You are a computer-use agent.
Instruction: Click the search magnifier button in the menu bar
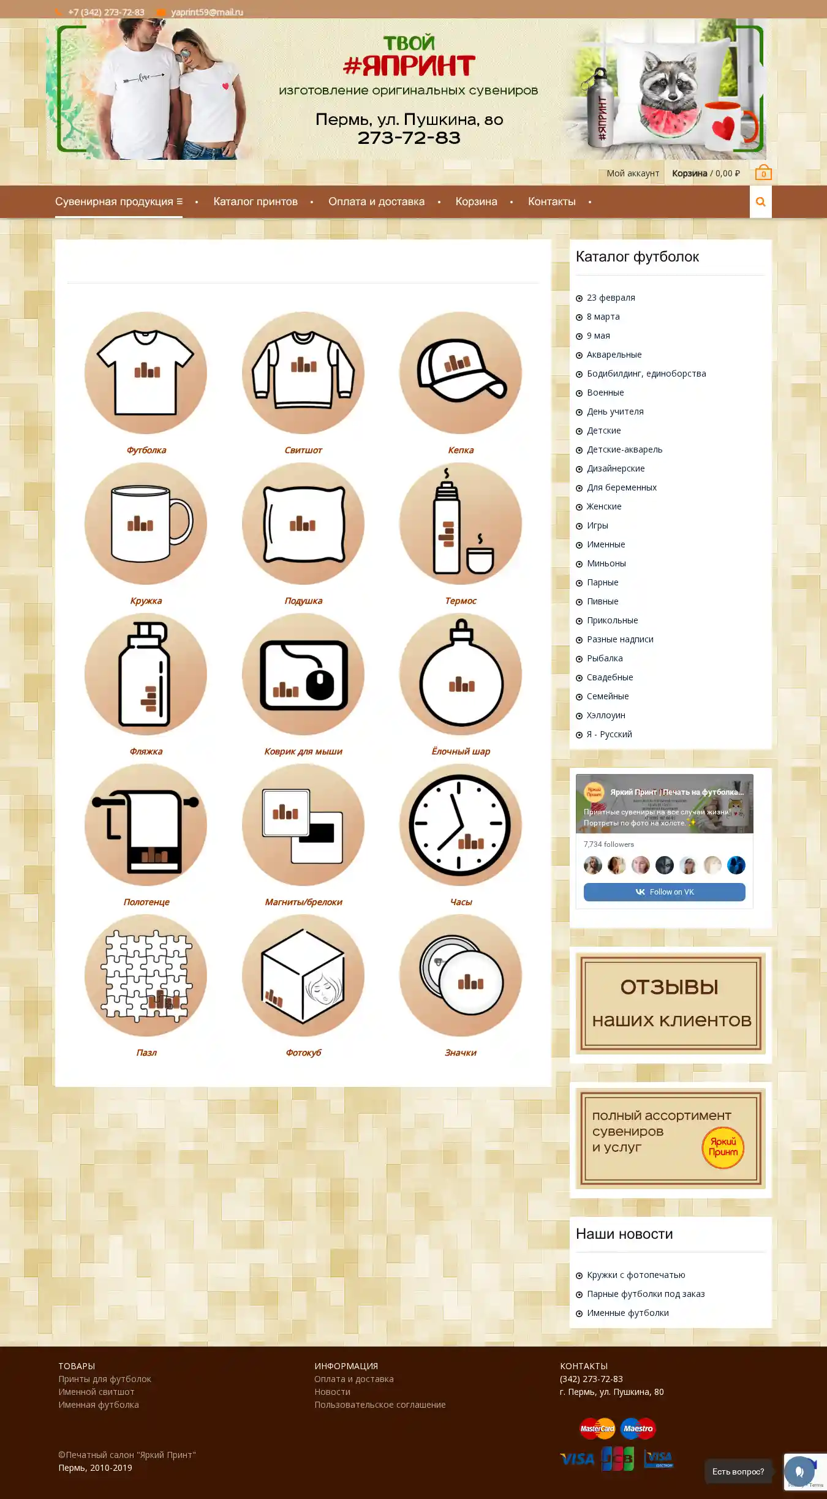(760, 202)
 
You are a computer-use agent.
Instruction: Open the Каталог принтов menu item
(255, 201)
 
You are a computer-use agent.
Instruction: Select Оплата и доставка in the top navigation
(376, 201)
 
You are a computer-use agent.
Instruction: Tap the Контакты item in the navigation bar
(552, 201)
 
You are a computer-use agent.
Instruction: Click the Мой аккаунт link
(633, 173)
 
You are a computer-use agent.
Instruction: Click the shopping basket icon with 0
(763, 172)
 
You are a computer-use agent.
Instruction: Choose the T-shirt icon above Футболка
(146, 373)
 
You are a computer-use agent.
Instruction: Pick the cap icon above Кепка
(461, 373)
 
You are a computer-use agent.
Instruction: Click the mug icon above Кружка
(146, 524)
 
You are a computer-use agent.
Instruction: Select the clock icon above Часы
(461, 825)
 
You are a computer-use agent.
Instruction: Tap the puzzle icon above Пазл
(146, 975)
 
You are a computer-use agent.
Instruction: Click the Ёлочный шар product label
(461, 751)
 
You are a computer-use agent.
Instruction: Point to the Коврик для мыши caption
(303, 751)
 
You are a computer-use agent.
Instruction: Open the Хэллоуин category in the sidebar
(606, 715)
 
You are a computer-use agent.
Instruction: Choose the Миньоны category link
(606, 563)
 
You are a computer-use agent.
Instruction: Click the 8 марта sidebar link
(603, 317)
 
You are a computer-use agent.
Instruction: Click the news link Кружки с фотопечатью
(636, 1275)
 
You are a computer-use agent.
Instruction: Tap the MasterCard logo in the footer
(597, 1429)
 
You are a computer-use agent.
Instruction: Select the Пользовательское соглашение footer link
(380, 1405)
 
